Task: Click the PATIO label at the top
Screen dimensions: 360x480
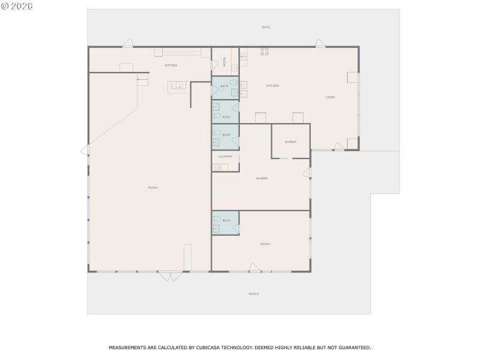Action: click(x=266, y=28)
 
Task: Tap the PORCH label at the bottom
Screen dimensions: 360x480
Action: click(x=254, y=294)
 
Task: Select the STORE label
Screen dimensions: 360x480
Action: click(x=330, y=97)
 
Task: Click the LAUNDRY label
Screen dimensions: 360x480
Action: click(x=225, y=157)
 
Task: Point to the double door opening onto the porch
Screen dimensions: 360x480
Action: click(x=169, y=277)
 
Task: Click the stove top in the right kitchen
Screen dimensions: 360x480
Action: click(x=264, y=52)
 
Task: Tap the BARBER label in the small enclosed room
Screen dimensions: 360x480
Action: click(x=290, y=142)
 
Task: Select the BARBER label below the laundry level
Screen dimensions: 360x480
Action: click(x=261, y=178)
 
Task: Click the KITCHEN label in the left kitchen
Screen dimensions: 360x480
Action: click(x=171, y=65)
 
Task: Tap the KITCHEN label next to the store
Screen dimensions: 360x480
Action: click(x=272, y=86)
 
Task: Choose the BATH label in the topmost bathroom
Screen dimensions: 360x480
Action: click(x=224, y=86)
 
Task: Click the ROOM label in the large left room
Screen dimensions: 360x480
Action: click(x=152, y=188)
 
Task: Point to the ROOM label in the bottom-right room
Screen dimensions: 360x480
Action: click(x=265, y=244)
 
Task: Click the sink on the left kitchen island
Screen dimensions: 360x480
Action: click(x=178, y=86)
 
